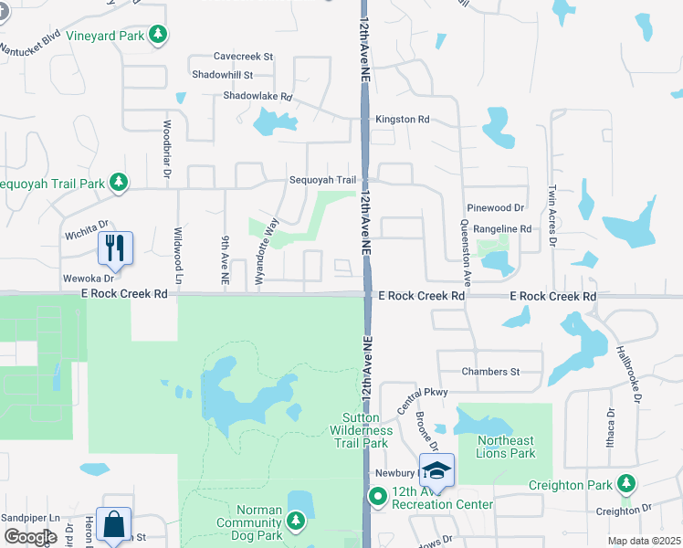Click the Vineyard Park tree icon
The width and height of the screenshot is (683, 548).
[x=160, y=36]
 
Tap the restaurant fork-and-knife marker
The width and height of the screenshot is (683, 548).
[x=115, y=246]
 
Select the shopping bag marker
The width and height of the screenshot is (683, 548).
[x=113, y=524]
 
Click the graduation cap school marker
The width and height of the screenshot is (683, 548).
[x=436, y=470]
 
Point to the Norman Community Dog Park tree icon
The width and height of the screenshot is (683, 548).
[x=295, y=521]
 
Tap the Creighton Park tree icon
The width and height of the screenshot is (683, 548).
[x=625, y=482]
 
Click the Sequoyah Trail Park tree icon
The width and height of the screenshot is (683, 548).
[x=119, y=183]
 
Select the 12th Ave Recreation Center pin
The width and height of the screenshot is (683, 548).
[x=377, y=497]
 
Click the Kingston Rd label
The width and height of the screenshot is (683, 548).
[x=402, y=120]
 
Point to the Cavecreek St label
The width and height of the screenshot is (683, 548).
[x=243, y=57]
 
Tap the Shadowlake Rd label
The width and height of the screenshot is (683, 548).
[x=257, y=96]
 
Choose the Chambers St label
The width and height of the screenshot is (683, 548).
[x=490, y=372]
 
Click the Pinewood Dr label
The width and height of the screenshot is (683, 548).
[x=495, y=208]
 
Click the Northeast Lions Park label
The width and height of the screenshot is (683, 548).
[x=506, y=447]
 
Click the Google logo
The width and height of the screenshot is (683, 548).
[x=30, y=537]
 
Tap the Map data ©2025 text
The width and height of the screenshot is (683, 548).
[x=644, y=541]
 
